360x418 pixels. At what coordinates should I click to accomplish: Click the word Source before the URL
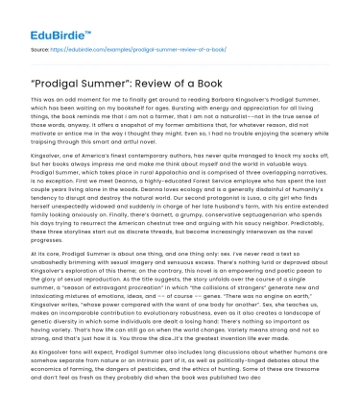[x=41, y=45]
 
